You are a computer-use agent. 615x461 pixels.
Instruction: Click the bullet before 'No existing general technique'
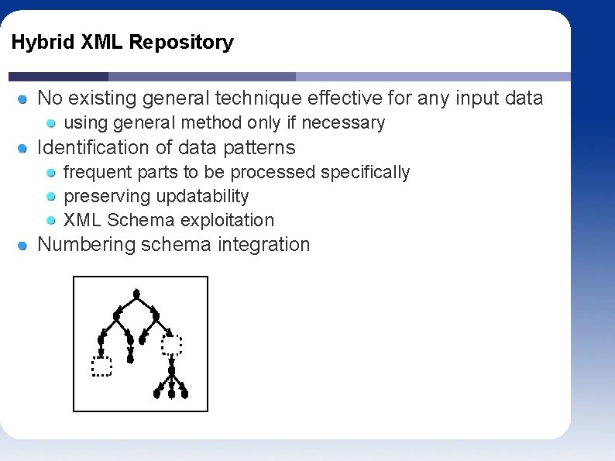pos(24,99)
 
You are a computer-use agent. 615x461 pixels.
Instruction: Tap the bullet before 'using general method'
pos(51,123)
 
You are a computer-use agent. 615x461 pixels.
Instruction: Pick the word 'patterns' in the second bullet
pos(259,147)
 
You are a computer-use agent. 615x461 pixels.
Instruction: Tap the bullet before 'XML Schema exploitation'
pos(51,221)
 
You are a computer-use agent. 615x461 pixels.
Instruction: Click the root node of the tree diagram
pos(136,294)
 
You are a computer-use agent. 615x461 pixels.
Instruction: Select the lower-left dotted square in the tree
pos(101,366)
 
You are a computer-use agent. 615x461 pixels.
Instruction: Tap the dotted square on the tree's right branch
pos(171,344)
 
